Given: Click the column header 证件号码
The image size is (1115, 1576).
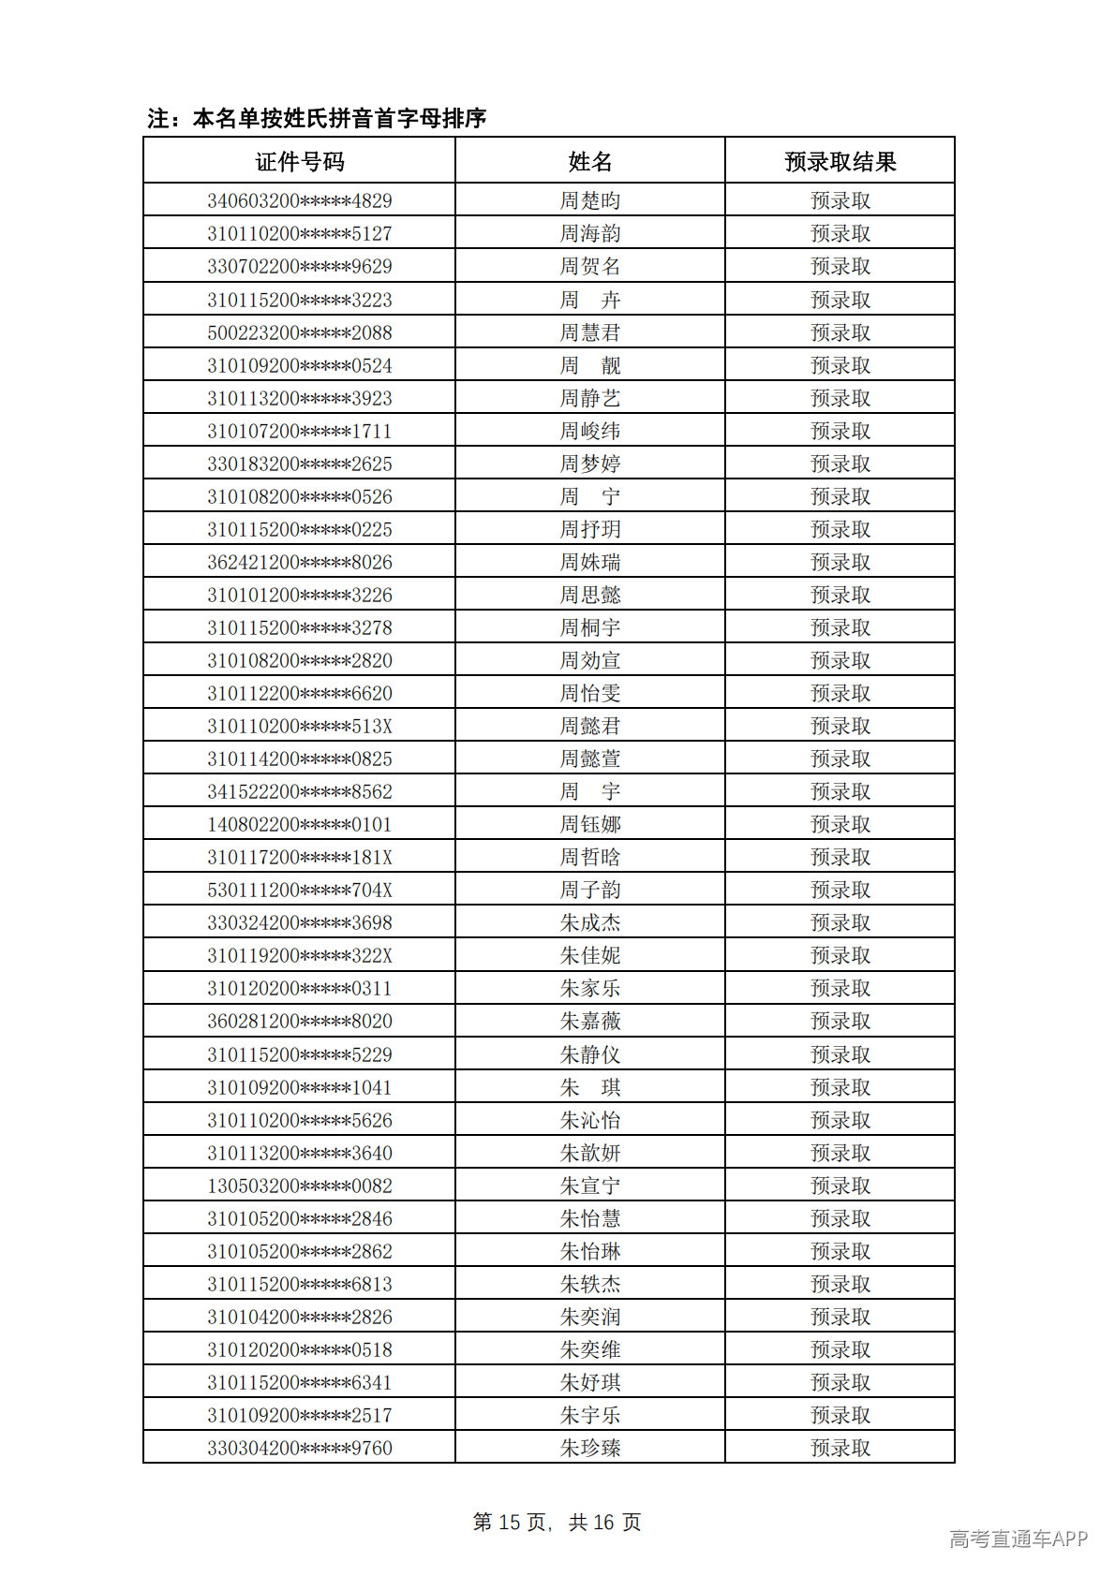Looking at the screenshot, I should tap(300, 162).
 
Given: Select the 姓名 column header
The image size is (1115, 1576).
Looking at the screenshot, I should tap(590, 162).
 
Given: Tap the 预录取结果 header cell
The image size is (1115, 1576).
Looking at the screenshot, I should tap(840, 162).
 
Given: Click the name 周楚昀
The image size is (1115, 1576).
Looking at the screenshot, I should tap(590, 200).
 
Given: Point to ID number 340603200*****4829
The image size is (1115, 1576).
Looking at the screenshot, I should tap(300, 200).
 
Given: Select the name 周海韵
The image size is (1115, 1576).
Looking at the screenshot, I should tap(590, 233).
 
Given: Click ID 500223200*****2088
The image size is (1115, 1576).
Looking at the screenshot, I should tap(300, 332).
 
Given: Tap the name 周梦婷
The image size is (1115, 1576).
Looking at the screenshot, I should tap(590, 464).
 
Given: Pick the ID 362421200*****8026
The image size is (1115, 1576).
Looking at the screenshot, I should tap(300, 562).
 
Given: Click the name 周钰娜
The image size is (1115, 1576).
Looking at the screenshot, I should tap(590, 824).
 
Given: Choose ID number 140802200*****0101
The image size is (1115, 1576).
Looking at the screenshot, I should tap(300, 824).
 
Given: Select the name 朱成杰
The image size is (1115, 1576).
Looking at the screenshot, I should tap(590, 922).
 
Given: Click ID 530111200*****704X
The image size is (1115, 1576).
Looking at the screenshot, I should tap(300, 890).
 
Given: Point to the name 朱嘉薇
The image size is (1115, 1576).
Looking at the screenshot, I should tap(590, 1021).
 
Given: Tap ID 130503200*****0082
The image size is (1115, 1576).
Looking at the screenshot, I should tap(300, 1186).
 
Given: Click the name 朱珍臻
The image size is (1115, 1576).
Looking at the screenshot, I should tap(590, 1448).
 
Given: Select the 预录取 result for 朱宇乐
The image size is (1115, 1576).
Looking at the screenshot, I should tap(840, 1415).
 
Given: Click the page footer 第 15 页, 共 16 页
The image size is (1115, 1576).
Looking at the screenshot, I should tap(557, 1522).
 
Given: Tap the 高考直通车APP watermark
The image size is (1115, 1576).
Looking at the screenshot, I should tap(1018, 1539).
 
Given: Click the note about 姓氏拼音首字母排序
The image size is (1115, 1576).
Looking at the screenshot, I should tap(317, 118).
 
